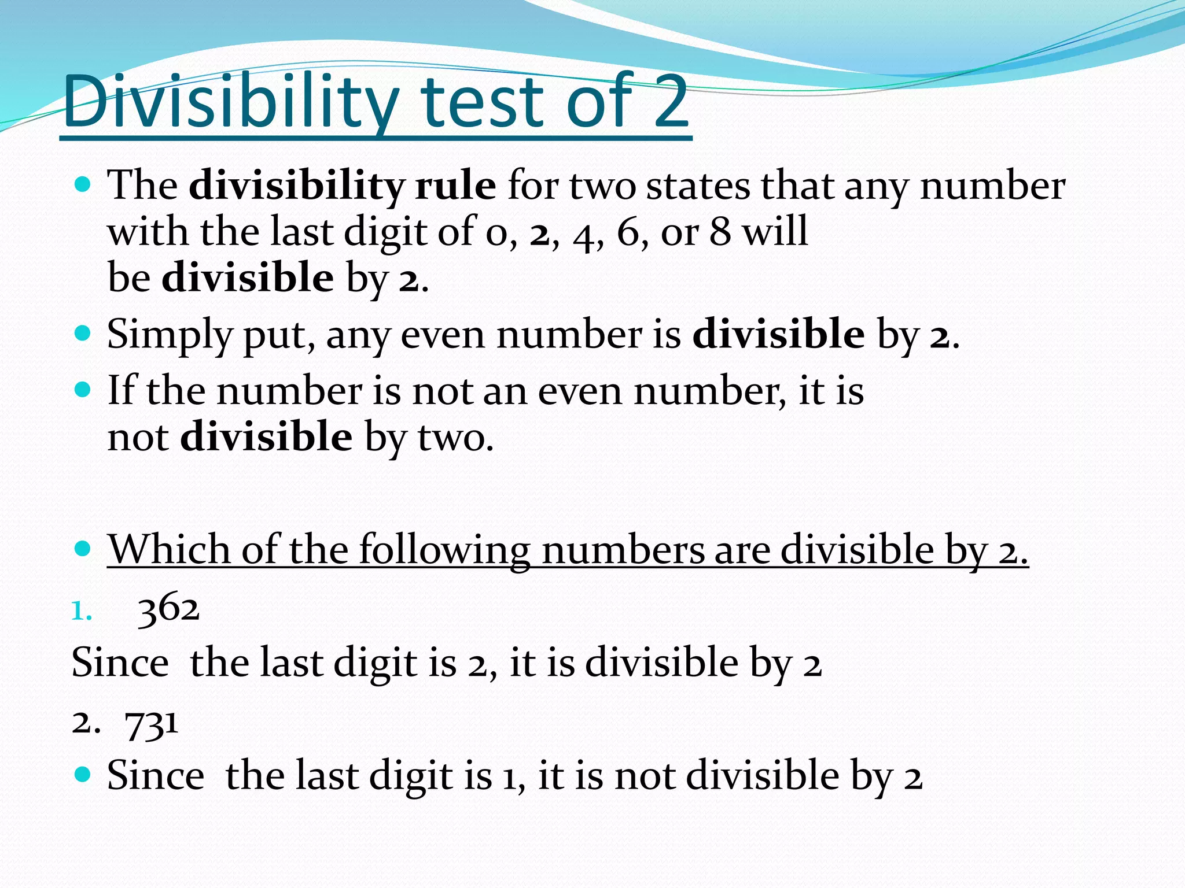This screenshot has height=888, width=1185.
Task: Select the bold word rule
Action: point(455,186)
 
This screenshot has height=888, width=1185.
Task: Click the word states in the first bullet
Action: point(698,186)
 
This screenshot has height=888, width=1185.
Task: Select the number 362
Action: point(169,609)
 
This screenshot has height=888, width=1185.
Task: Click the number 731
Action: point(152,723)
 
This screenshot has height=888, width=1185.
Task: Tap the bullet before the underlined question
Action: point(83,548)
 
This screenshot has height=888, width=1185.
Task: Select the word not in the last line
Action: point(645,775)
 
